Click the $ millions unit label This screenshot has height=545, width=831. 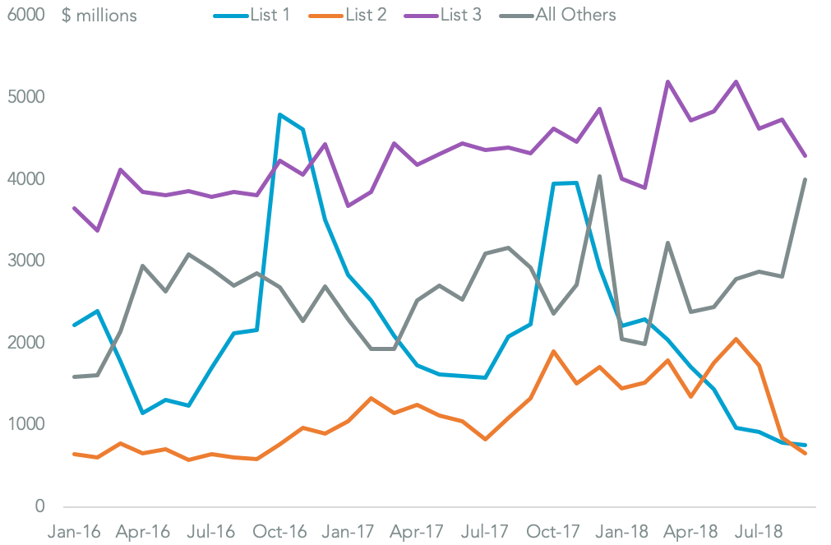[x=99, y=16]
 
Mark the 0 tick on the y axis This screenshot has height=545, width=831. [x=39, y=506]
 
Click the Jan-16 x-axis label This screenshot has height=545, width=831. [x=75, y=532]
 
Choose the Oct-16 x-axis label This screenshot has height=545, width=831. [x=281, y=532]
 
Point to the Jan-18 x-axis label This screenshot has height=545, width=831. [x=623, y=532]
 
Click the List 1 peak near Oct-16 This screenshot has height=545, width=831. [x=280, y=115]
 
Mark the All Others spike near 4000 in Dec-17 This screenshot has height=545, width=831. [x=599, y=176]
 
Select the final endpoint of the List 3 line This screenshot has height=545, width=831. [x=805, y=155]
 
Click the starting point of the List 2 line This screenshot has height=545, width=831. [x=75, y=454]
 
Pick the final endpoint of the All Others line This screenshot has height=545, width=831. [x=805, y=179]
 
